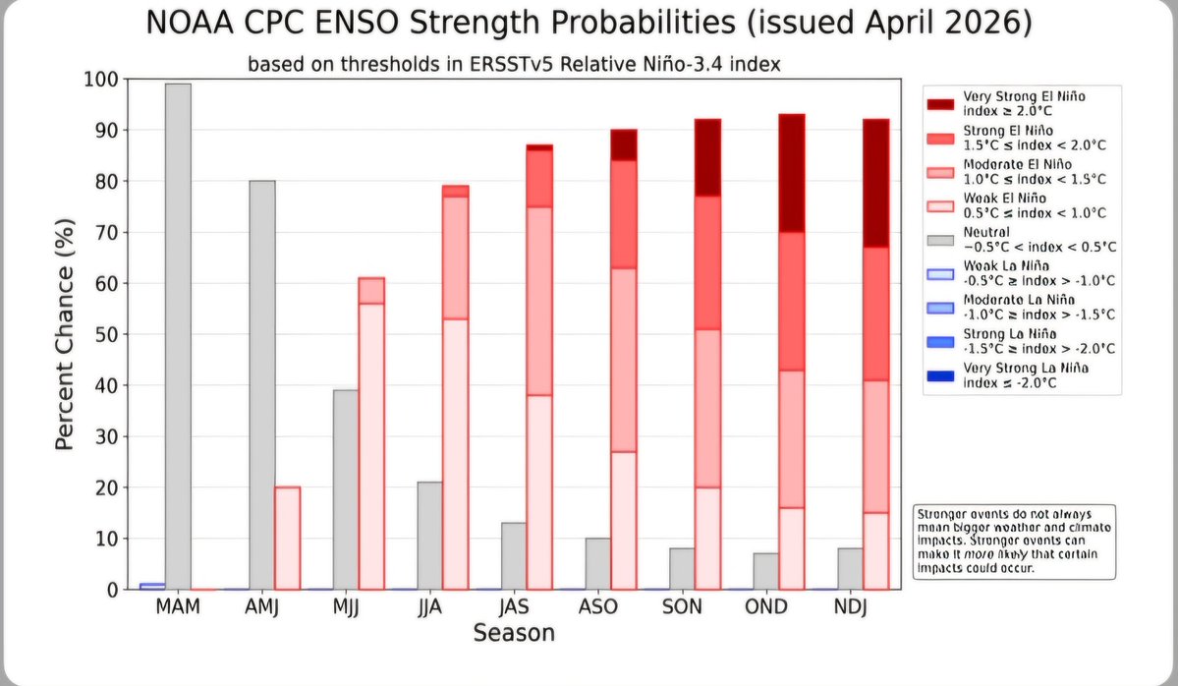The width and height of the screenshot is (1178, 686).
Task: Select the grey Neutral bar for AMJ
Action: tap(261, 384)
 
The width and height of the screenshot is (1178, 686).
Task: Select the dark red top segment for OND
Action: tap(791, 173)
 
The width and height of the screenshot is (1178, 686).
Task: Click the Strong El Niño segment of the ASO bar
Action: tap(623, 214)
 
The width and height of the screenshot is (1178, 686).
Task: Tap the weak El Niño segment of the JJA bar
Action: tap(455, 453)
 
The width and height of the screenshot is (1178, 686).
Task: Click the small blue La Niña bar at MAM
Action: tap(152, 586)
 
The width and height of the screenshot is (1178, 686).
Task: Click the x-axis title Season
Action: tap(514, 634)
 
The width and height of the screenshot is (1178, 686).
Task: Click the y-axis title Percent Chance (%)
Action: tap(64, 334)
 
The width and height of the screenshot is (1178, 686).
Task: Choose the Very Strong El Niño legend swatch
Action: tap(941, 103)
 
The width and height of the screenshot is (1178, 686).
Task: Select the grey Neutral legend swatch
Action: tap(941, 240)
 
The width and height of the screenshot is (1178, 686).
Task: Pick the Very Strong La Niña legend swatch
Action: tap(941, 375)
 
